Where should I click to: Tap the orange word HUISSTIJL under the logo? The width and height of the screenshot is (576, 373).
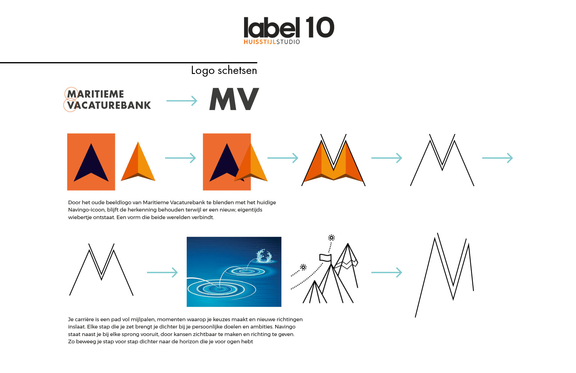(260, 42)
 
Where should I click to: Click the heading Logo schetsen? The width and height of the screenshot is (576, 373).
(224, 70)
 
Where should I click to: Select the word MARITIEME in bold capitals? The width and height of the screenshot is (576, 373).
(96, 94)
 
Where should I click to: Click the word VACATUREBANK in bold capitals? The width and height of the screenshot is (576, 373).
(109, 105)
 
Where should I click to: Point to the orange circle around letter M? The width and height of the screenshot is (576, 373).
(71, 94)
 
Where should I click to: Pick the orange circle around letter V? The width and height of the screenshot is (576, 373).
(70, 105)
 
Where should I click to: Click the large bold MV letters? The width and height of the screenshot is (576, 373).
(234, 99)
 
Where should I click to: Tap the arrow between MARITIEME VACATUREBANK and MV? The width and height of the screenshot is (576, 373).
(182, 101)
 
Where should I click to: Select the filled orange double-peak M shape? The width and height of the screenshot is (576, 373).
(333, 162)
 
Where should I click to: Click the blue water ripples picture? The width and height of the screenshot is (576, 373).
(234, 271)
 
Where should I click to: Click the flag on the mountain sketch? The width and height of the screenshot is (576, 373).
(325, 258)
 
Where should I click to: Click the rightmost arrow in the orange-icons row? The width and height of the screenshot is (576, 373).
(497, 158)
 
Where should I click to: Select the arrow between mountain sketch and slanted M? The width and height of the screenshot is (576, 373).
(387, 272)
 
